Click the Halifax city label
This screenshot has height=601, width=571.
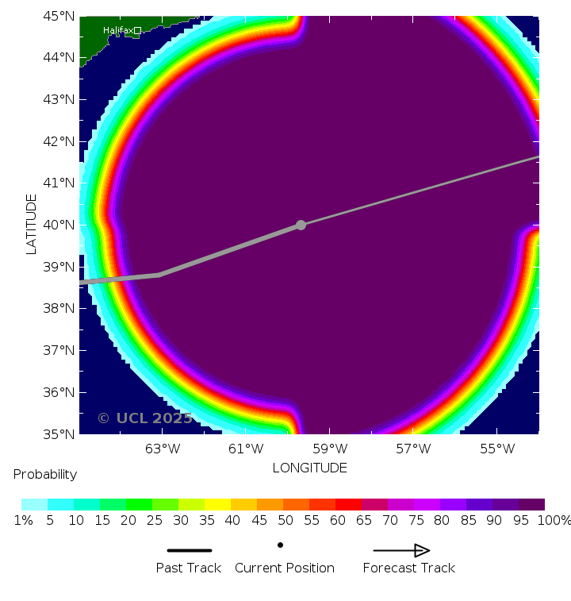pyautogui.click(x=117, y=30)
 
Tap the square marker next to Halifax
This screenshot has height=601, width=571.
pyautogui.click(x=137, y=30)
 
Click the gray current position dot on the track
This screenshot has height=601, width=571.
pyautogui.click(x=301, y=225)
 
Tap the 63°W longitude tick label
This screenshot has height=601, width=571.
pyautogui.click(x=163, y=449)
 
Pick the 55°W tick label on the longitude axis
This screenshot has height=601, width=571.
pyautogui.click(x=497, y=449)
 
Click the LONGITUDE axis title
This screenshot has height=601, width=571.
pyautogui.click(x=309, y=468)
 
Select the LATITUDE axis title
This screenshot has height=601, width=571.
pyautogui.click(x=32, y=224)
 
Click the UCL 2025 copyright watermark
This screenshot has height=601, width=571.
pyautogui.click(x=144, y=418)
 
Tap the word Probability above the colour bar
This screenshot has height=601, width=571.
pyautogui.click(x=45, y=474)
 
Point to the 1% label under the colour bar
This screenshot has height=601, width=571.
pyautogui.click(x=22, y=520)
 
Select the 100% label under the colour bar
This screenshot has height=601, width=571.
pyautogui.click(x=555, y=520)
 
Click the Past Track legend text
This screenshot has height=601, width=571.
pyautogui.click(x=188, y=568)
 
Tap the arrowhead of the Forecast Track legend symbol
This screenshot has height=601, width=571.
pyautogui.click(x=422, y=550)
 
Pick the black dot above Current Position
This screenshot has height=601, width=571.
pyautogui.click(x=280, y=545)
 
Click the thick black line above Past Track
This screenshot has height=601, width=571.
pyautogui.click(x=189, y=550)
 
